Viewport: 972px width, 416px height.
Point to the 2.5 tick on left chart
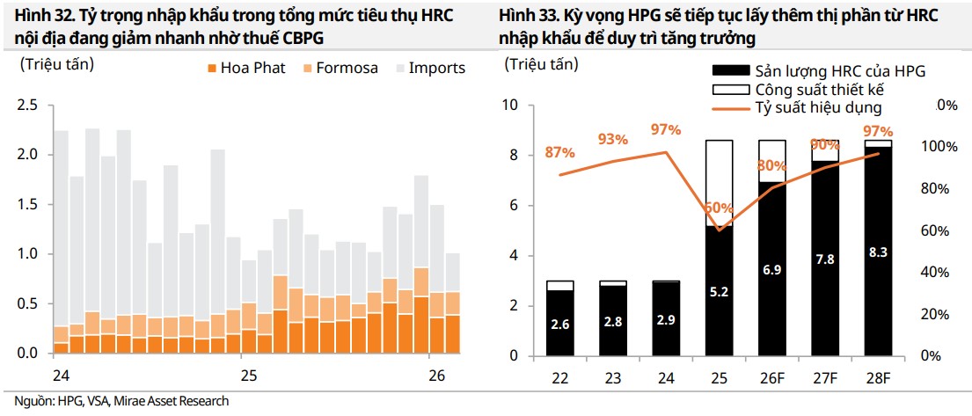point(28,106)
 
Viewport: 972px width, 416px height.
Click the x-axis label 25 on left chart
point(249,376)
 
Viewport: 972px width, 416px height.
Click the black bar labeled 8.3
point(878,252)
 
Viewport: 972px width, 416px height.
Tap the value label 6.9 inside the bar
point(772,269)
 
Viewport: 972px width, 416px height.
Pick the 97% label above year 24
point(666,130)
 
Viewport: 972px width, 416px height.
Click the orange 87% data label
point(560,151)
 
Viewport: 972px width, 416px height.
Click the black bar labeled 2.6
point(560,323)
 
